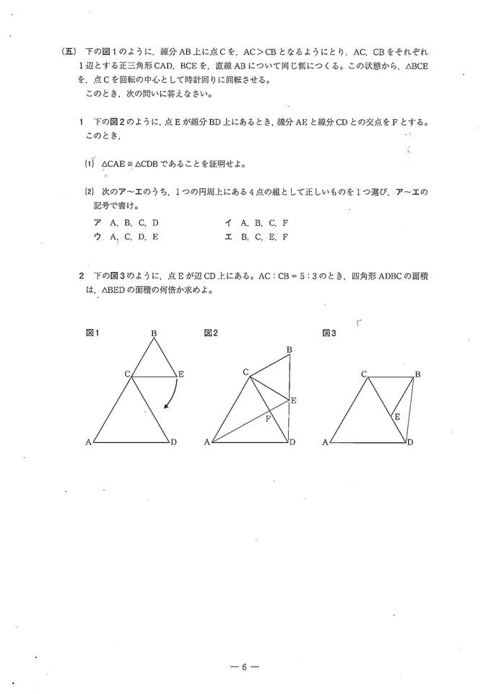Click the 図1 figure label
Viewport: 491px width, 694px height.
click(x=92, y=333)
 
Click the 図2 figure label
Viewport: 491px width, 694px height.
click(x=211, y=333)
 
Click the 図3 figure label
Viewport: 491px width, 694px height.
click(x=329, y=333)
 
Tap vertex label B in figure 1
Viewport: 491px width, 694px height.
click(x=154, y=333)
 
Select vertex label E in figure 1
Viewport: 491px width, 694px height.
click(x=181, y=374)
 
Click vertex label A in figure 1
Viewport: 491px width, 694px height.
click(x=88, y=442)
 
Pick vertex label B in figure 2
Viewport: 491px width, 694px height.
click(x=289, y=350)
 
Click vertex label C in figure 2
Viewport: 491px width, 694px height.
click(x=245, y=372)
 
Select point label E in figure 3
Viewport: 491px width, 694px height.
click(x=397, y=416)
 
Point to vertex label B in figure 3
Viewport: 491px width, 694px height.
click(x=417, y=374)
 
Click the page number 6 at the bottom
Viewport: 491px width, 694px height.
click(x=245, y=667)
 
